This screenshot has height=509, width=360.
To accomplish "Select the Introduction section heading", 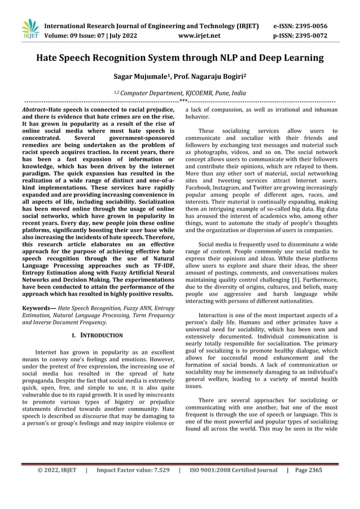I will pos(102,335).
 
